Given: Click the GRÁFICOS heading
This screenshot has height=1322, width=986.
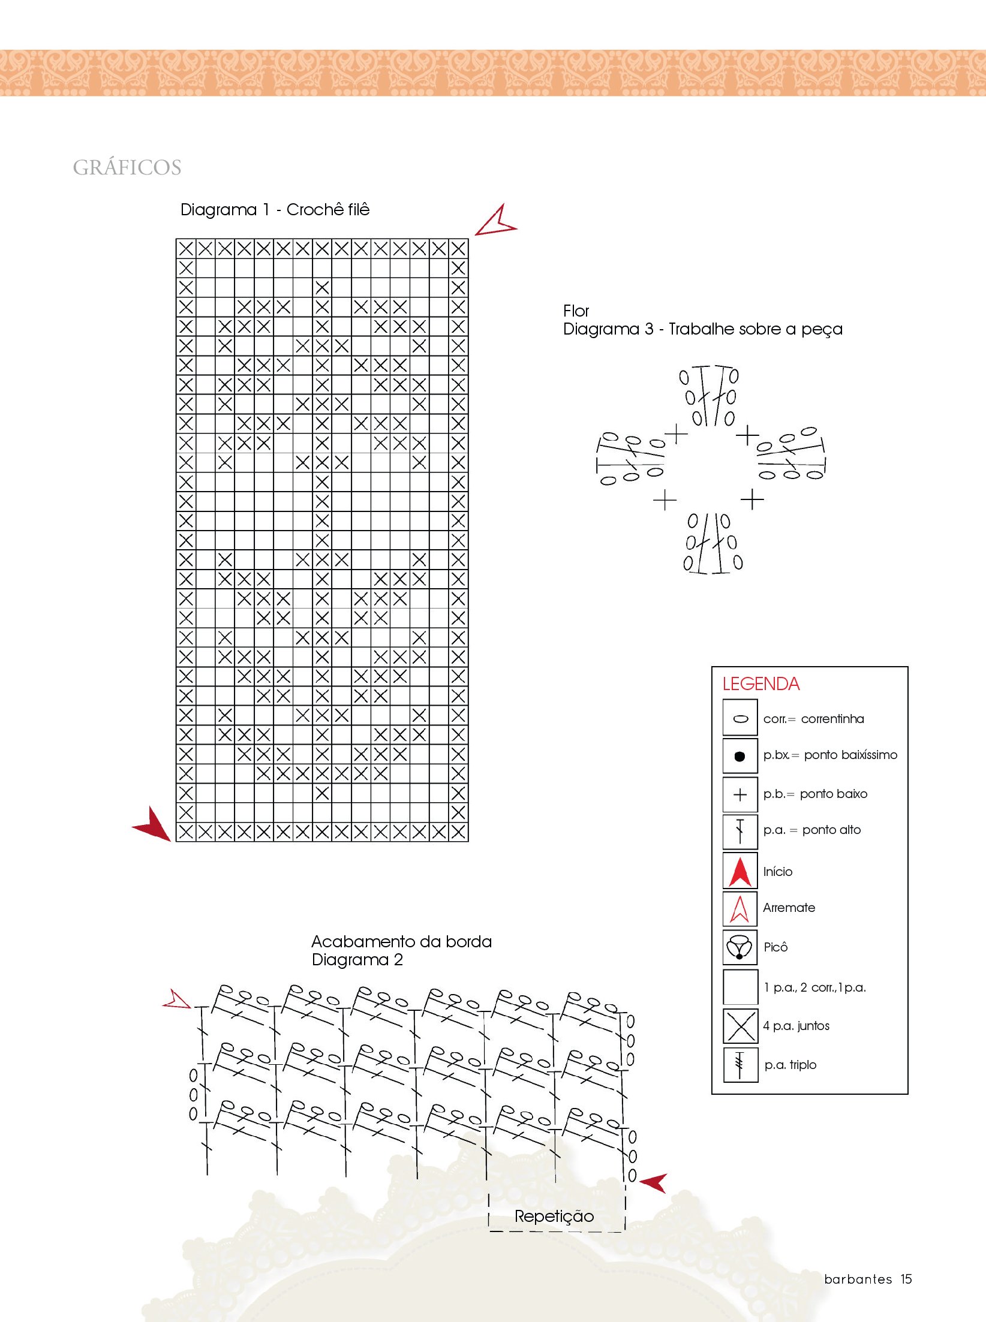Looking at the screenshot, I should click(127, 167).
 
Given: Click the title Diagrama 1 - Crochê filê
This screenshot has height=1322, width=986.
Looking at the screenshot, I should click(275, 210).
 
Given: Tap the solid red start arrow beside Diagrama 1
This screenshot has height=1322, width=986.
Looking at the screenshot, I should click(152, 824).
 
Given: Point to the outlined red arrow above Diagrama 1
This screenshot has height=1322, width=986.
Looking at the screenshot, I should click(497, 222).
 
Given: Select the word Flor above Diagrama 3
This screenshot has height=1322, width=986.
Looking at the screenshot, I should click(576, 311).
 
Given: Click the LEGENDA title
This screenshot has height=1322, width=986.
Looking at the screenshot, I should click(760, 684).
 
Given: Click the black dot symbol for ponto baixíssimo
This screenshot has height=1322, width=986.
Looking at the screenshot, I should click(739, 757).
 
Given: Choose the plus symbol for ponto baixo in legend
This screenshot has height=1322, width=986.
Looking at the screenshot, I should click(740, 794).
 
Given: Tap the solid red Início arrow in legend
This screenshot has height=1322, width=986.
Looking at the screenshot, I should click(740, 872).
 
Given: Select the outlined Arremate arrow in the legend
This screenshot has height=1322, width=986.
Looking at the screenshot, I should click(740, 909).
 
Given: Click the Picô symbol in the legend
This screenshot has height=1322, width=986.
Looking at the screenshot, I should click(739, 948).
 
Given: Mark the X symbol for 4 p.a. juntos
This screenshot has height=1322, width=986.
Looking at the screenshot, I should click(740, 1026).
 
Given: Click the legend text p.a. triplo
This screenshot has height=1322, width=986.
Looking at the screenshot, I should click(790, 1065).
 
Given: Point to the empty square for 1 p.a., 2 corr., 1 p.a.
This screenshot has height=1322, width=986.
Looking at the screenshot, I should click(740, 987).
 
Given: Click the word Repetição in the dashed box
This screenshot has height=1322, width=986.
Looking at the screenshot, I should click(554, 1216).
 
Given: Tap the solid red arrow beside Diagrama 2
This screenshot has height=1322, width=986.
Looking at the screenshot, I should click(654, 1182).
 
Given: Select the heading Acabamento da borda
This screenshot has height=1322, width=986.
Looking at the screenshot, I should click(401, 942).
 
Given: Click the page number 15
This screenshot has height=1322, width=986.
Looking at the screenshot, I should click(906, 1279).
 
